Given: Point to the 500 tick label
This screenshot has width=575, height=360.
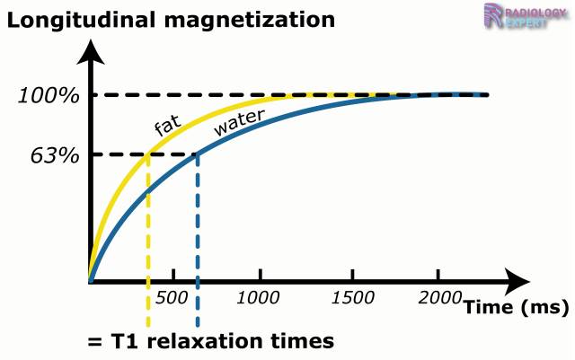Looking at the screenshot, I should click(x=171, y=297).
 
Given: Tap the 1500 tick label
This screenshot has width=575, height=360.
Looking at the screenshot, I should click(x=349, y=297).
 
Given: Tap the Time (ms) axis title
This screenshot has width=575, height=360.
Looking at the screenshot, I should click(x=516, y=308).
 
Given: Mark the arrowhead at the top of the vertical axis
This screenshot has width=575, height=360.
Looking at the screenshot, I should click(x=89, y=52).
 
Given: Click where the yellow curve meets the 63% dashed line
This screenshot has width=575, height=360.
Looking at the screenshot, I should click(x=147, y=155).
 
